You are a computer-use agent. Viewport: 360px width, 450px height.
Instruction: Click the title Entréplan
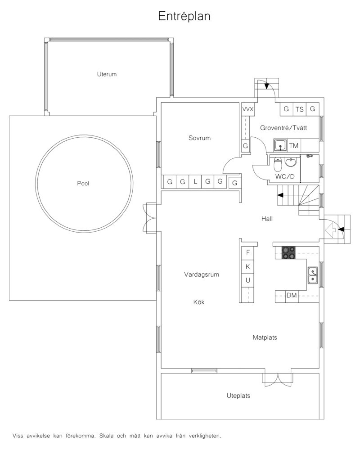(184, 16)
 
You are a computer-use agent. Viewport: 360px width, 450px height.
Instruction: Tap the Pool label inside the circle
(83, 183)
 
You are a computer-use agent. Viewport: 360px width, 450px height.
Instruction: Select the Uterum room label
(107, 74)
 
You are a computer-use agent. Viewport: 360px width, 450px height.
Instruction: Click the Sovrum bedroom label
(199, 138)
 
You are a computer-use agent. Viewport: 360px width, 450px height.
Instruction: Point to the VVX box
(248, 109)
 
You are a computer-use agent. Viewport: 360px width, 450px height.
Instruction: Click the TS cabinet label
(299, 109)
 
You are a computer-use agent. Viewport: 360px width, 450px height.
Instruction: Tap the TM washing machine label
(294, 145)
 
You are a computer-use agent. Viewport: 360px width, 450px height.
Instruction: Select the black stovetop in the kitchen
(289, 253)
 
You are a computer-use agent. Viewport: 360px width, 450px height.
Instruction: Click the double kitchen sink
(313, 275)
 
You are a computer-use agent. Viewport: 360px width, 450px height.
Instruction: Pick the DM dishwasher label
(292, 295)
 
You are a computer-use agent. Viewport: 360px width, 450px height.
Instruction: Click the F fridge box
(248, 253)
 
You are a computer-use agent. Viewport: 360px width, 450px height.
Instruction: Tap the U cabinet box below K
(248, 280)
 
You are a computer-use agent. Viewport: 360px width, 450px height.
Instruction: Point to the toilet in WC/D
(278, 164)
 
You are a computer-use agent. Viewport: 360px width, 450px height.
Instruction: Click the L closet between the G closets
(195, 182)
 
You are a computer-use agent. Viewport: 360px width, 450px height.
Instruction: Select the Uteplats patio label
(238, 396)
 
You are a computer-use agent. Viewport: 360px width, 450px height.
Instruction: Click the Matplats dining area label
(265, 337)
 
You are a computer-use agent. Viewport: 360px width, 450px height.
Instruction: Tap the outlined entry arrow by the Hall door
(331, 230)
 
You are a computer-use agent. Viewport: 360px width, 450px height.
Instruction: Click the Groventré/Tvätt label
(283, 128)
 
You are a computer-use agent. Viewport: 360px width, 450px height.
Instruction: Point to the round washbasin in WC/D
(291, 162)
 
